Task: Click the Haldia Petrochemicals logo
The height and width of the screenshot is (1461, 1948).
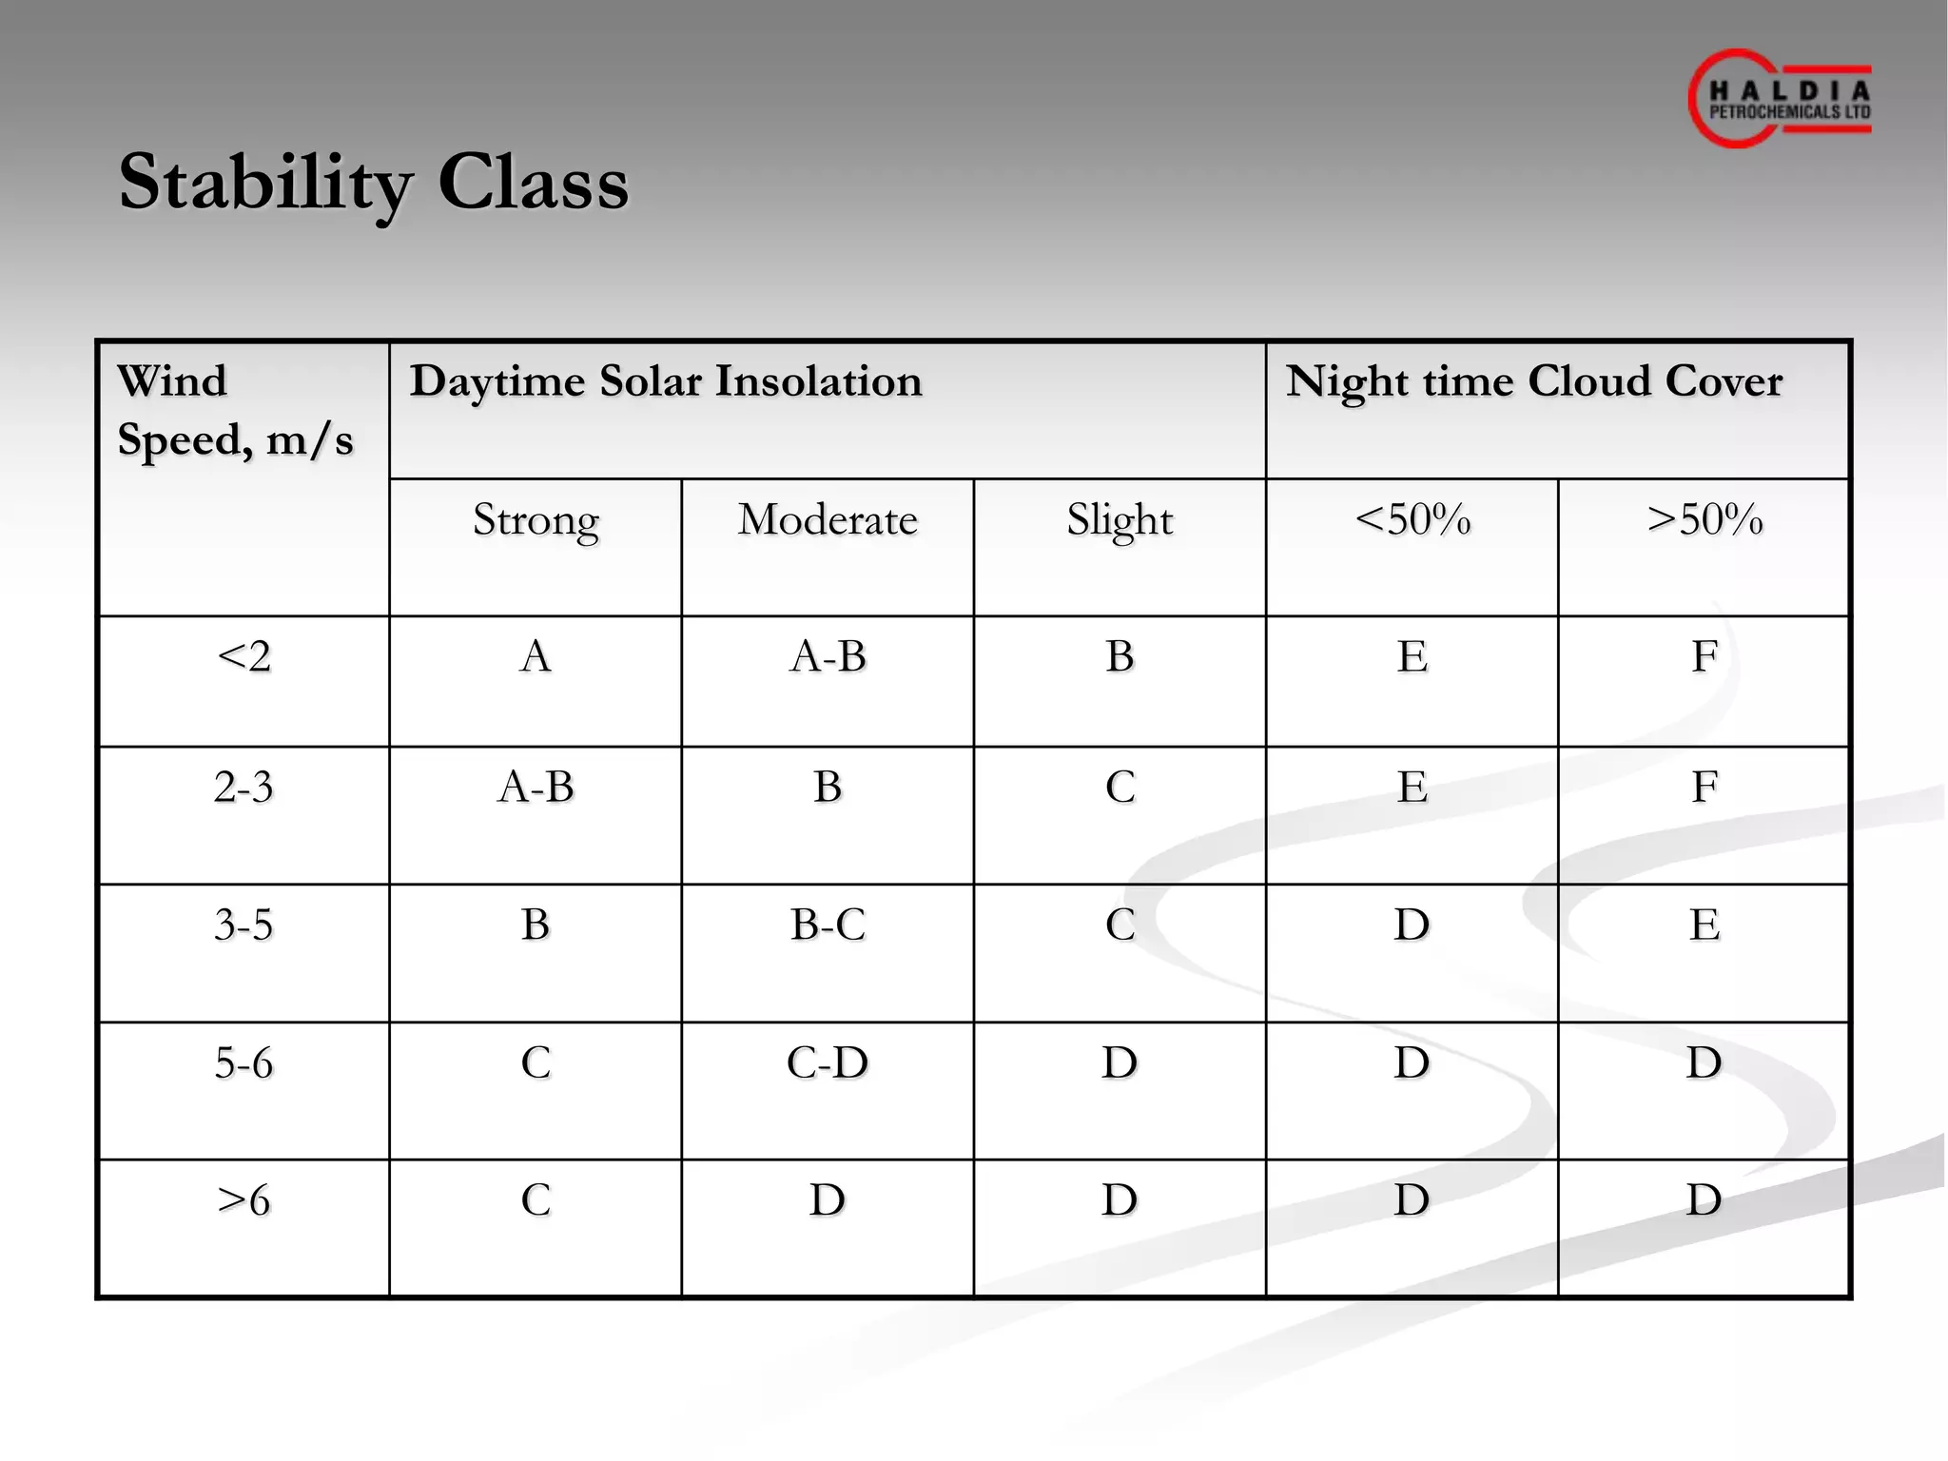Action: pyautogui.click(x=1780, y=99)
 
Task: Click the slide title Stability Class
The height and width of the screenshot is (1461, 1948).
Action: pyautogui.click(x=374, y=183)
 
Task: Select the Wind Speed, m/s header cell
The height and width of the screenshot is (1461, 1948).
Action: pyautogui.click(x=235, y=410)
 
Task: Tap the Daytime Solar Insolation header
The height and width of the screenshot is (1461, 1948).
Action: pyautogui.click(x=666, y=381)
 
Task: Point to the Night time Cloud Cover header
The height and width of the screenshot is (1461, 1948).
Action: pyautogui.click(x=1533, y=381)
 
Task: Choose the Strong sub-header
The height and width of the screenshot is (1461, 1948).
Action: pyautogui.click(x=536, y=520)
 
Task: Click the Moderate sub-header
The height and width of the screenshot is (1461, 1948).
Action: pyautogui.click(x=828, y=520)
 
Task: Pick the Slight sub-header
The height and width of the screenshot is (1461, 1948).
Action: pyautogui.click(x=1120, y=520)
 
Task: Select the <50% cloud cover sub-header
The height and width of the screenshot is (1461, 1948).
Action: pyautogui.click(x=1412, y=520)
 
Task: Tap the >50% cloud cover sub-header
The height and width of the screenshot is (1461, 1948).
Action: pyautogui.click(x=1704, y=520)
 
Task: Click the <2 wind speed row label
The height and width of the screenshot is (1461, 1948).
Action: pyautogui.click(x=244, y=656)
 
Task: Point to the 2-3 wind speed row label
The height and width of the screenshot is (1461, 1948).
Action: pyautogui.click(x=243, y=788)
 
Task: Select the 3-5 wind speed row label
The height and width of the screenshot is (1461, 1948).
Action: pyautogui.click(x=243, y=925)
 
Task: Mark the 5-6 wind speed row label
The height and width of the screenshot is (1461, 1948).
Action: pyautogui.click(x=243, y=1062)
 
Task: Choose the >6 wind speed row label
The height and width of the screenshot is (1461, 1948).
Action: pyautogui.click(x=244, y=1199)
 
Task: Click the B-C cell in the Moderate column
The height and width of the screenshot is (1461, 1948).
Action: pyautogui.click(x=828, y=925)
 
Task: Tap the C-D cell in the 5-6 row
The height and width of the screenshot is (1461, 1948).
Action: pyautogui.click(x=828, y=1062)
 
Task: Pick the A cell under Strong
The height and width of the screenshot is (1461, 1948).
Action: pyautogui.click(x=536, y=656)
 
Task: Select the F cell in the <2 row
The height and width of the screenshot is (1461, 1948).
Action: pyautogui.click(x=1704, y=656)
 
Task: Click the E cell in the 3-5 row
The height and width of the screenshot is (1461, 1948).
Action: pyautogui.click(x=1704, y=925)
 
